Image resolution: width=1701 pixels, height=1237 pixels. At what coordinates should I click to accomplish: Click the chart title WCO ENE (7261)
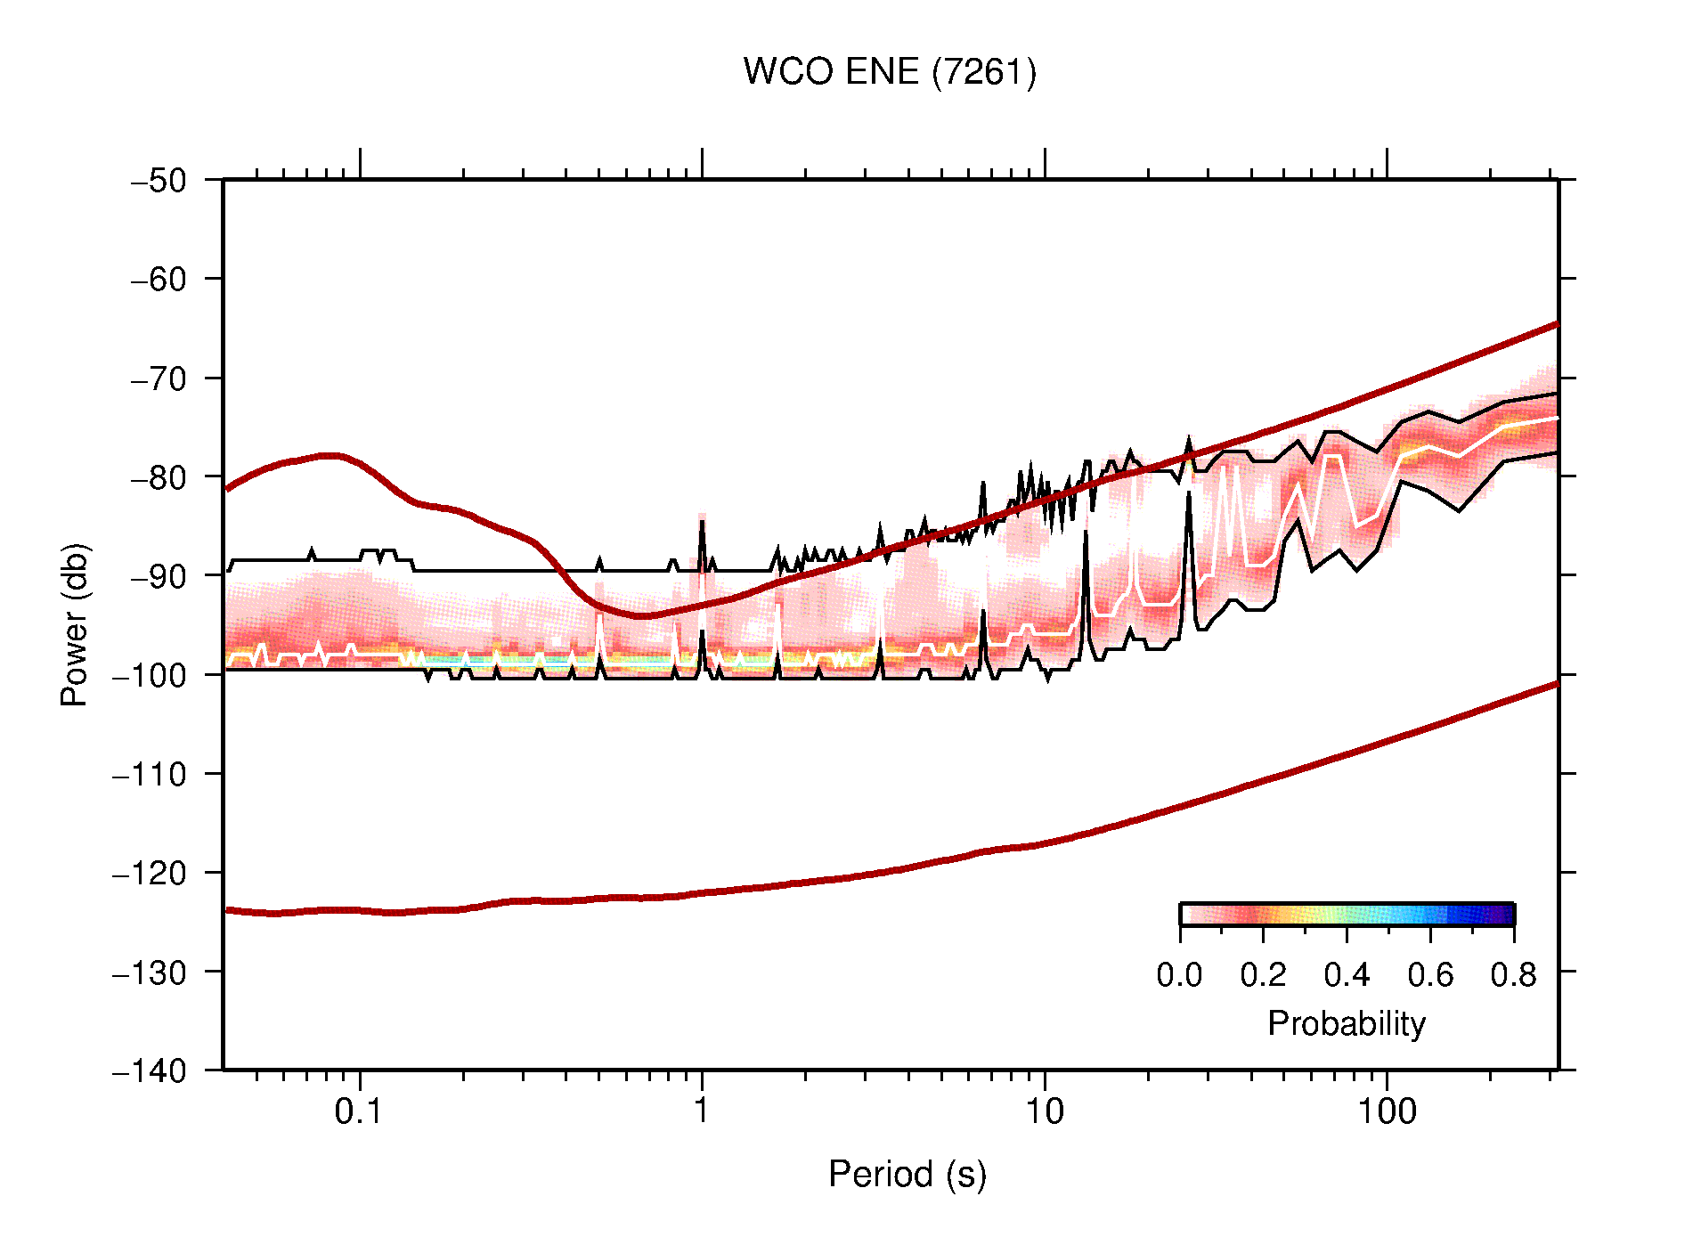(x=890, y=72)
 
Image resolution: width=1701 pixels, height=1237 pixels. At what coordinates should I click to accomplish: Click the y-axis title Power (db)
(x=75, y=624)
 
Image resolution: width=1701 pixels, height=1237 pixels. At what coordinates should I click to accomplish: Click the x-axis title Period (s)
(x=907, y=1174)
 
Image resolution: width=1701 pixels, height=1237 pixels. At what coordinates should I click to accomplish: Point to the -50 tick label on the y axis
(x=159, y=181)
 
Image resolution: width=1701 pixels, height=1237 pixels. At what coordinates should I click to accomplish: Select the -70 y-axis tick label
(x=159, y=378)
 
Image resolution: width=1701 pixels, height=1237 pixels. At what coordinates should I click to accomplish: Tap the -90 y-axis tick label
(x=159, y=576)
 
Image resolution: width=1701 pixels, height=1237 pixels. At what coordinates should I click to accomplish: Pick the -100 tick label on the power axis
(x=150, y=675)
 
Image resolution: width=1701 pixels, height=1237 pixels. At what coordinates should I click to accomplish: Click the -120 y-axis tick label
(x=150, y=873)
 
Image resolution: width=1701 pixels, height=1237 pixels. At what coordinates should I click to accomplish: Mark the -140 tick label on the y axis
(x=150, y=1070)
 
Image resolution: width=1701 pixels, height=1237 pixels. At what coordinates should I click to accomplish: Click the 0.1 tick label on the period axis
(x=359, y=1111)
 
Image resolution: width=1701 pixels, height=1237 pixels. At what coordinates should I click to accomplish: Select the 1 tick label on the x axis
(x=702, y=1111)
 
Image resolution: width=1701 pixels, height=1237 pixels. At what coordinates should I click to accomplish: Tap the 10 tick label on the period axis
(x=1044, y=1111)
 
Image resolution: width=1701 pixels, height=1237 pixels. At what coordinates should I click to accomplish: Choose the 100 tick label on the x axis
(x=1387, y=1111)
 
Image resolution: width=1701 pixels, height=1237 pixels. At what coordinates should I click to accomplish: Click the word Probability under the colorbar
(x=1347, y=1023)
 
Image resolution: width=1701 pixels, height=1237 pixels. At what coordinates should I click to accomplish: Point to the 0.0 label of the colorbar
(x=1179, y=975)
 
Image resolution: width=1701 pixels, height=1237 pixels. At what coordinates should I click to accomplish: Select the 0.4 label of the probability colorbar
(x=1347, y=975)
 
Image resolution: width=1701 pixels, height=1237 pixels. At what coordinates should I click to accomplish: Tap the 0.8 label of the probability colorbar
(x=1513, y=975)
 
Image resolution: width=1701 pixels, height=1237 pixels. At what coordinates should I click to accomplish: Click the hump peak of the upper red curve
(x=330, y=455)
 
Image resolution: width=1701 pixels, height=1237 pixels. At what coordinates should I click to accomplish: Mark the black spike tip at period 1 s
(x=702, y=522)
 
